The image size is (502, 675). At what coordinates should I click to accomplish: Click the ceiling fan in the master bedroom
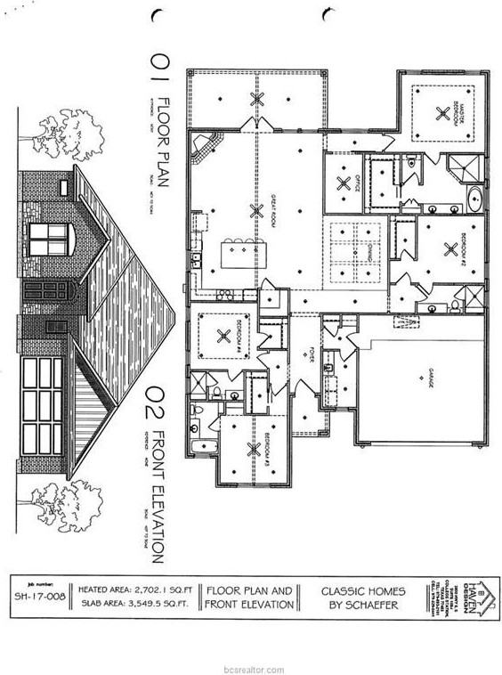(x=442, y=112)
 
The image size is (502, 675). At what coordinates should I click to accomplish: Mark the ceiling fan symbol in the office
(x=343, y=183)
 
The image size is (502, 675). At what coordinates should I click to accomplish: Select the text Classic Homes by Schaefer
(x=362, y=597)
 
